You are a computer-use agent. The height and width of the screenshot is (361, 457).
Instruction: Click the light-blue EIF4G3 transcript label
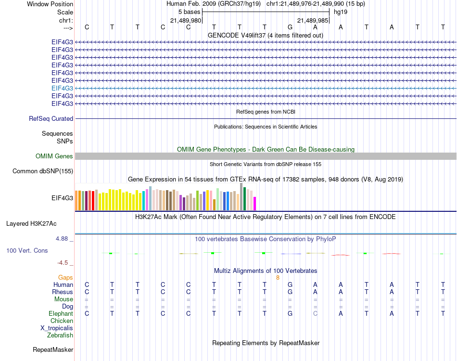[x=62, y=88]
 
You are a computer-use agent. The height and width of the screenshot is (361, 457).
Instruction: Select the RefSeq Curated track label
[x=51, y=118]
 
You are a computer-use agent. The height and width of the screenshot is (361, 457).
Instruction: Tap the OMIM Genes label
[x=54, y=156]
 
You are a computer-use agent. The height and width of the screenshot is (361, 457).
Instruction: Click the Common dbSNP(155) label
[x=43, y=171]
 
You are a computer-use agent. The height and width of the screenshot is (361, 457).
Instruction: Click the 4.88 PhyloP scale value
[x=63, y=238]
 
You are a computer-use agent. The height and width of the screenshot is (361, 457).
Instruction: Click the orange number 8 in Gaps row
[x=278, y=278]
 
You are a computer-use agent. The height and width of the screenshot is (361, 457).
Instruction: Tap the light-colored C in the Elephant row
[x=315, y=313]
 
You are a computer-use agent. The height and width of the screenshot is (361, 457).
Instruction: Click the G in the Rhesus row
[x=290, y=292]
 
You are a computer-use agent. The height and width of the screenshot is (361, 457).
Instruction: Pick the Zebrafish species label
[x=60, y=335]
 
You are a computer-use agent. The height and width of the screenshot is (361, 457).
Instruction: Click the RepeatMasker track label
[x=53, y=349]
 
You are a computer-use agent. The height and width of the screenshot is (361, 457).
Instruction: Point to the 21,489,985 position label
[x=313, y=20]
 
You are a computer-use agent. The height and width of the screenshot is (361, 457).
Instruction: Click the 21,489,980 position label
[x=186, y=20]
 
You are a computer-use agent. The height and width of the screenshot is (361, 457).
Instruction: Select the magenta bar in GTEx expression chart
[x=254, y=204]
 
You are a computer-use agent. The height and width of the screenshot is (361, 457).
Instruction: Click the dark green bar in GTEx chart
[x=244, y=198]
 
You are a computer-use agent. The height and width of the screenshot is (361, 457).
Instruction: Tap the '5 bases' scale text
[x=189, y=12]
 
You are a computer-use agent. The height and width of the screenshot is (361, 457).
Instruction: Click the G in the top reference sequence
[x=290, y=27]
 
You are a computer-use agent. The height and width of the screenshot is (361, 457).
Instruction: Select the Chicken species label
[x=62, y=321]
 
